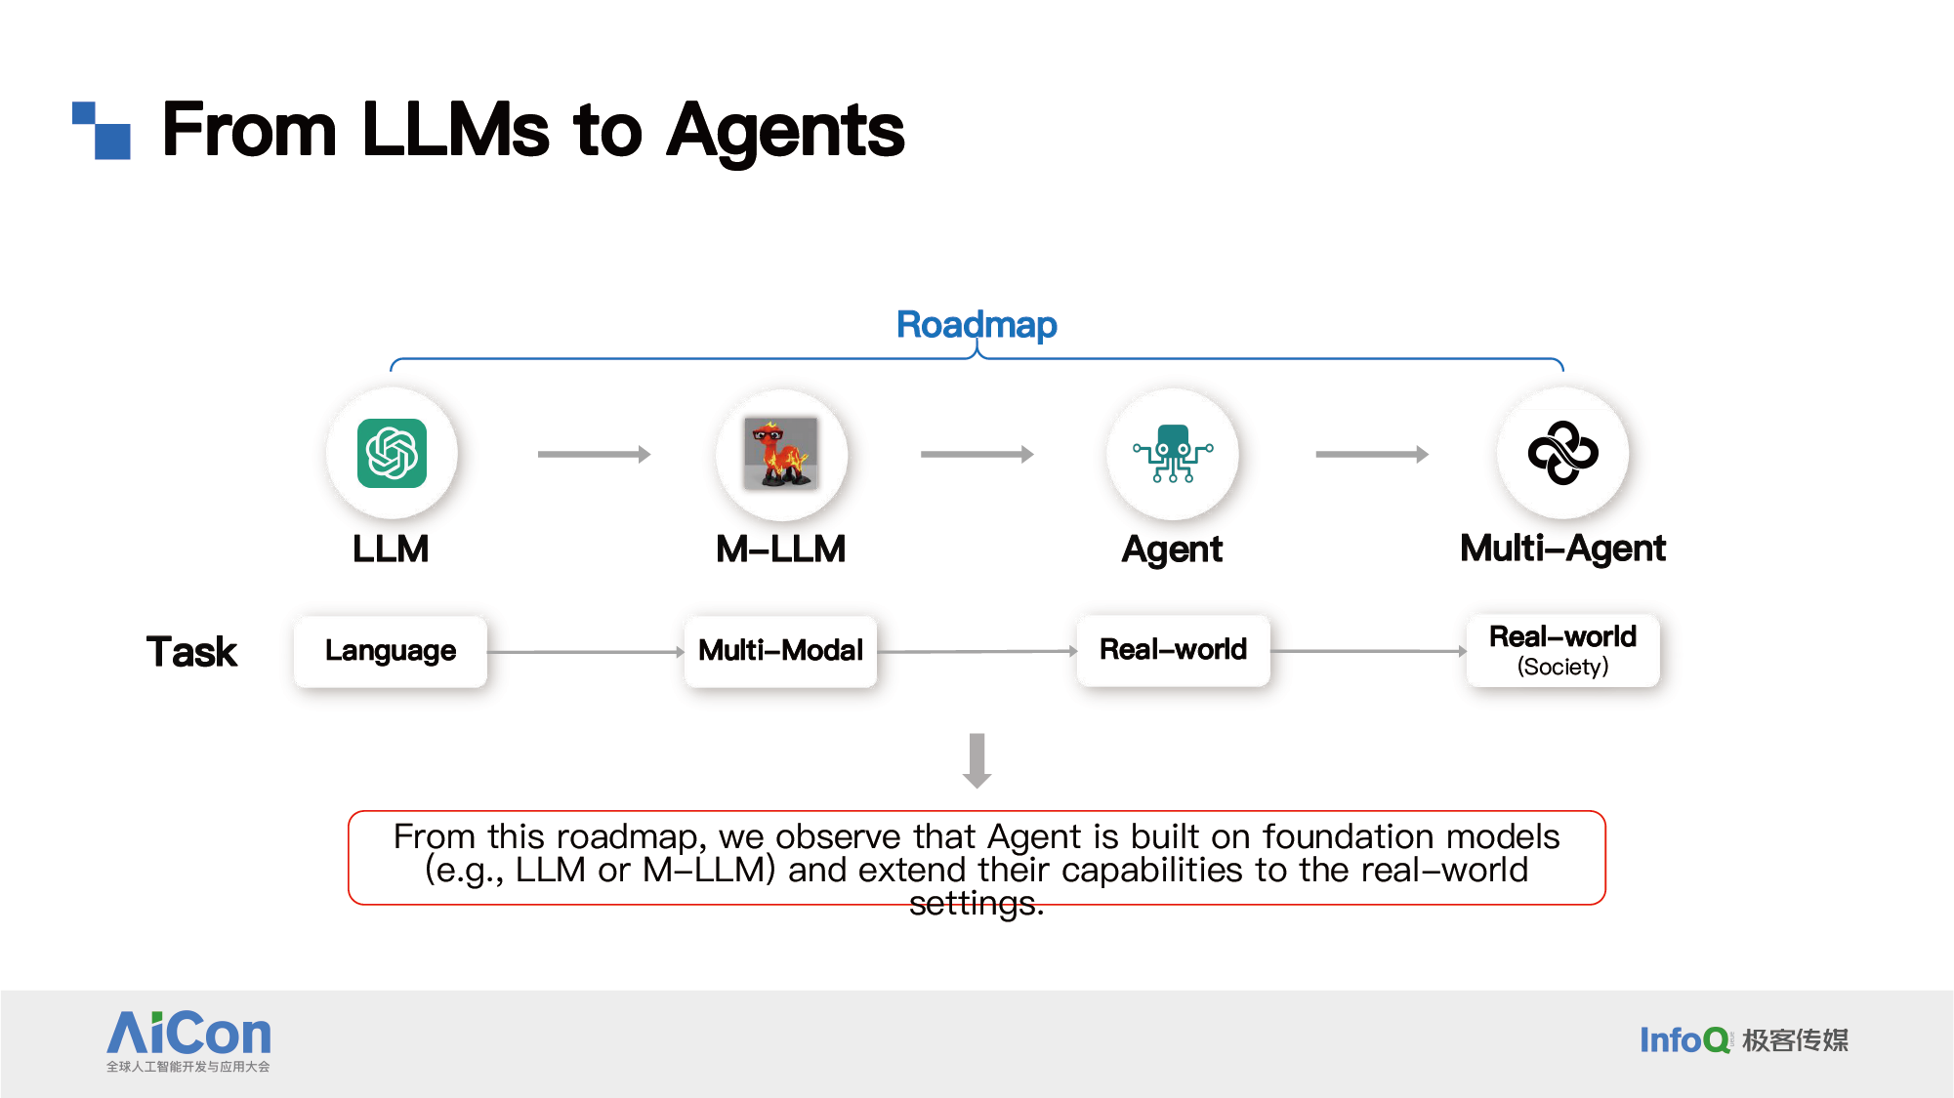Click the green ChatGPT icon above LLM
click(392, 453)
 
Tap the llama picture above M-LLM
click(781, 453)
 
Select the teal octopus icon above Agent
click(1173, 453)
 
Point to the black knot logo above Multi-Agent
click(1562, 453)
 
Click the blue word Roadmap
click(977, 325)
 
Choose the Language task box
click(391, 651)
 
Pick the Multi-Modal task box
click(781, 651)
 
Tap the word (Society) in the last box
click(1562, 667)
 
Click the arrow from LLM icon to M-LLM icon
click(594, 454)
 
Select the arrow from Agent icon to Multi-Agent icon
click(1372, 454)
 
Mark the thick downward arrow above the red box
click(977, 760)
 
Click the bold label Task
click(191, 652)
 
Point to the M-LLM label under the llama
click(781, 549)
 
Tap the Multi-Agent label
click(1562, 549)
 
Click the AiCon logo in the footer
click(188, 1040)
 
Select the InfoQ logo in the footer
click(1744, 1040)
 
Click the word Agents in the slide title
click(785, 131)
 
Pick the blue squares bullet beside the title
click(102, 130)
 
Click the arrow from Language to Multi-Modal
click(586, 652)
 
